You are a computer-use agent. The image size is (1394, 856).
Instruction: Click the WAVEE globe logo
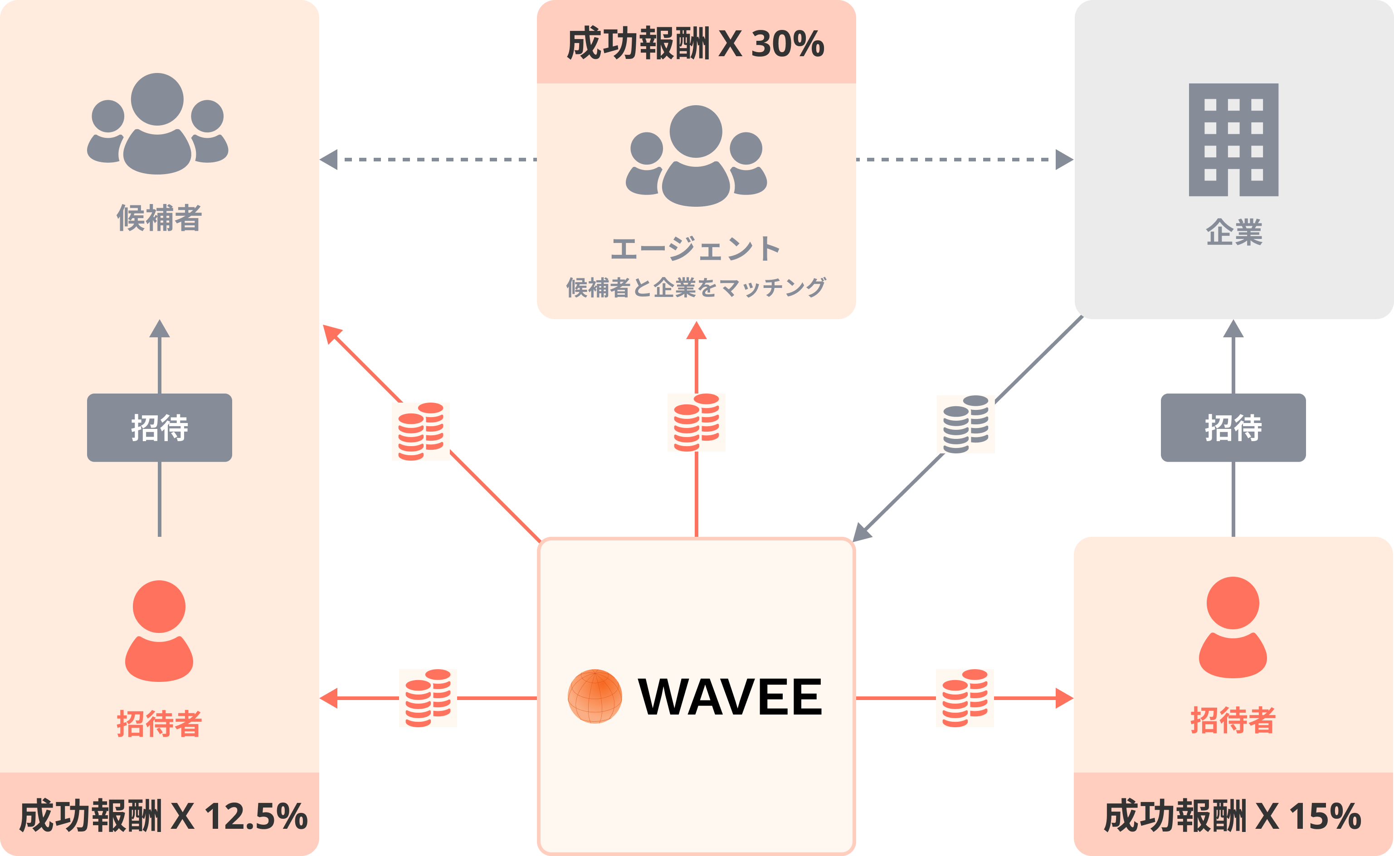click(595, 696)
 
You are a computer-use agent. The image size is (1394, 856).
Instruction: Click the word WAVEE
click(731, 697)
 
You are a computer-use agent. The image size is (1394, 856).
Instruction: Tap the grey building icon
click(1233, 140)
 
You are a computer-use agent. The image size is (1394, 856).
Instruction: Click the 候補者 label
click(159, 219)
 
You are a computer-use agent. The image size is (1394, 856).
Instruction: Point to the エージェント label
click(696, 249)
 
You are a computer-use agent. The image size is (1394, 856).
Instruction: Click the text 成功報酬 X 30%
click(696, 44)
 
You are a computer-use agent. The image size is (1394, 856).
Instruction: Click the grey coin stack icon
click(965, 424)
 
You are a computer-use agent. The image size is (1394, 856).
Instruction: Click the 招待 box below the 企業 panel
click(1233, 428)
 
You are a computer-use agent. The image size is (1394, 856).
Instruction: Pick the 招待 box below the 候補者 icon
click(159, 428)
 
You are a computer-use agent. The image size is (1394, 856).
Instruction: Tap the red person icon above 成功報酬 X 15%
click(1233, 627)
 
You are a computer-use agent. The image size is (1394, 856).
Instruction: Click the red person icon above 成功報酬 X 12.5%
click(159, 631)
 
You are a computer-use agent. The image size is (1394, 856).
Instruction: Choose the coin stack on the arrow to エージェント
click(696, 423)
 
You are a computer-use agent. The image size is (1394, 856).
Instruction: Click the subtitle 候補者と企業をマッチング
click(696, 287)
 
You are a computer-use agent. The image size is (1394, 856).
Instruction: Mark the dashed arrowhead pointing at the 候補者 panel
click(329, 160)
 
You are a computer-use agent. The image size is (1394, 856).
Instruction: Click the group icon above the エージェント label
click(696, 156)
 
